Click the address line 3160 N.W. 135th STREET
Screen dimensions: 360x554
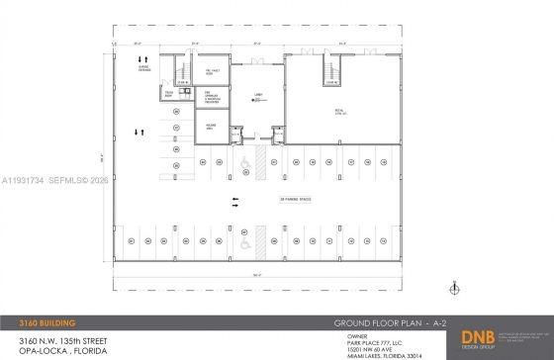pos(51,339)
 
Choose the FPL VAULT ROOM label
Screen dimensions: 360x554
pos(212,71)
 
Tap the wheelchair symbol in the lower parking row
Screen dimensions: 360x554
pos(242,236)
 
